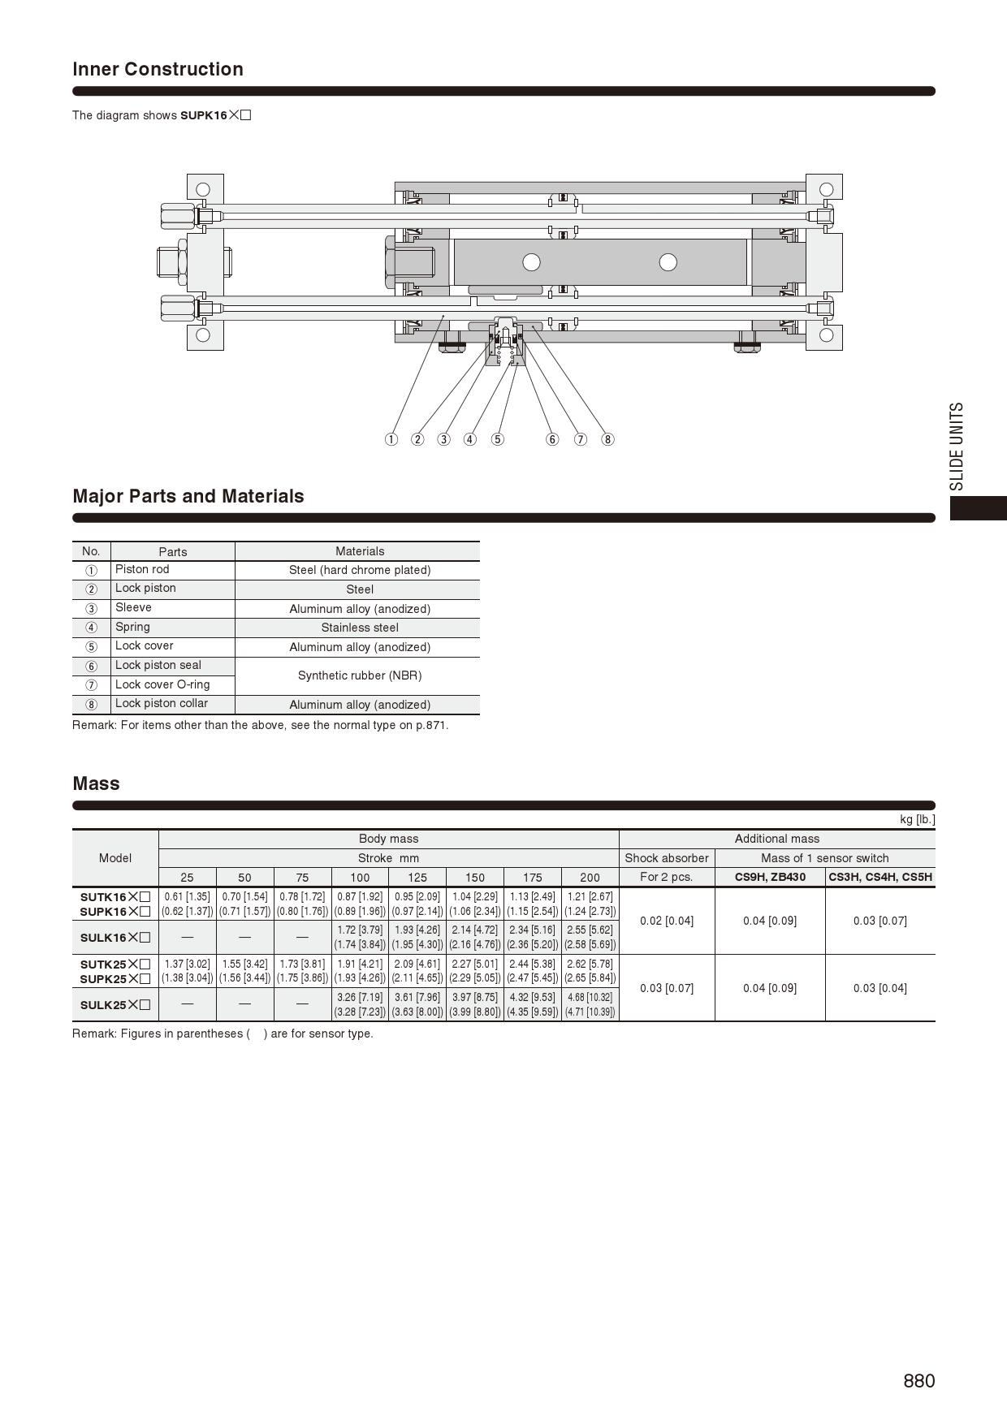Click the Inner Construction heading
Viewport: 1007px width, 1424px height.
158,69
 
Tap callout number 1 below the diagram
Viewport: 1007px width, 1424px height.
391,439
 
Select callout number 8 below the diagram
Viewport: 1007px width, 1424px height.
607,439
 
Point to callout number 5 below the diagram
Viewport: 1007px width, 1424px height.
497,439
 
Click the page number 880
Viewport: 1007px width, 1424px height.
918,1381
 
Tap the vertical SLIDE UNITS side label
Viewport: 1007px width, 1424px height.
957,446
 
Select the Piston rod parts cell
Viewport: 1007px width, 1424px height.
142,569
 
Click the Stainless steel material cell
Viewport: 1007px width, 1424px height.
360,628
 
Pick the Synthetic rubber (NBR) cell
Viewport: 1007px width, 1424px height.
360,675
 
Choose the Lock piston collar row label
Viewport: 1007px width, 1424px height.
161,703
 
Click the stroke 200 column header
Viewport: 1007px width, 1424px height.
590,877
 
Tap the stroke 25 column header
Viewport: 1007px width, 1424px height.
187,877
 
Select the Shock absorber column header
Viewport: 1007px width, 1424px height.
667,858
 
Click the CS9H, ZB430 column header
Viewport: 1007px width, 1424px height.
770,877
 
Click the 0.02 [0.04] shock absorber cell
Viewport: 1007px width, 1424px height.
667,921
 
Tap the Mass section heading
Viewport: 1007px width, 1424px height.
96,783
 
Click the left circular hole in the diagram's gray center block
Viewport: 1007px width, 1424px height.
531,261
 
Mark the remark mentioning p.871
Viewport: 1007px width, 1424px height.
260,725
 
